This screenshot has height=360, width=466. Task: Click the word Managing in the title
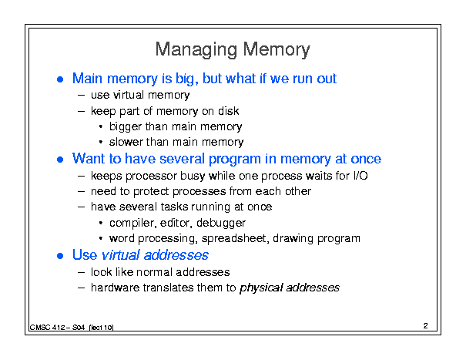196,49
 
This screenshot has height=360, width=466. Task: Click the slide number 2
426,326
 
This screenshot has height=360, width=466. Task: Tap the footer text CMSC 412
47,328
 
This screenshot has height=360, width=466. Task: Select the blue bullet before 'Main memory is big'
60,79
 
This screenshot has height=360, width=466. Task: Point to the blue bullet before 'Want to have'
60,160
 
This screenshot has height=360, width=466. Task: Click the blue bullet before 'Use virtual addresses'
60,256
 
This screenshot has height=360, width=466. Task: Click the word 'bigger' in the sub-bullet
126,127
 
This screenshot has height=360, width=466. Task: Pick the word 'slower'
126,142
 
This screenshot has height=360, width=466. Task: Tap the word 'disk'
228,111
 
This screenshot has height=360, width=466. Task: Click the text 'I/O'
360,176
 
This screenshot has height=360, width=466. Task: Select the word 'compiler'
132,223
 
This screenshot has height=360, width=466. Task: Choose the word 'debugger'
221,223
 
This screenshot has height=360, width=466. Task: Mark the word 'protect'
151,192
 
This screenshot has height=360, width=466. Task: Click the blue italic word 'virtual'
120,255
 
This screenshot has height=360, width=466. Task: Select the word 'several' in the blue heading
183,159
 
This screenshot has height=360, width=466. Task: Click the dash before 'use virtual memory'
81,96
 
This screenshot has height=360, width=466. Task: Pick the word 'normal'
153,272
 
